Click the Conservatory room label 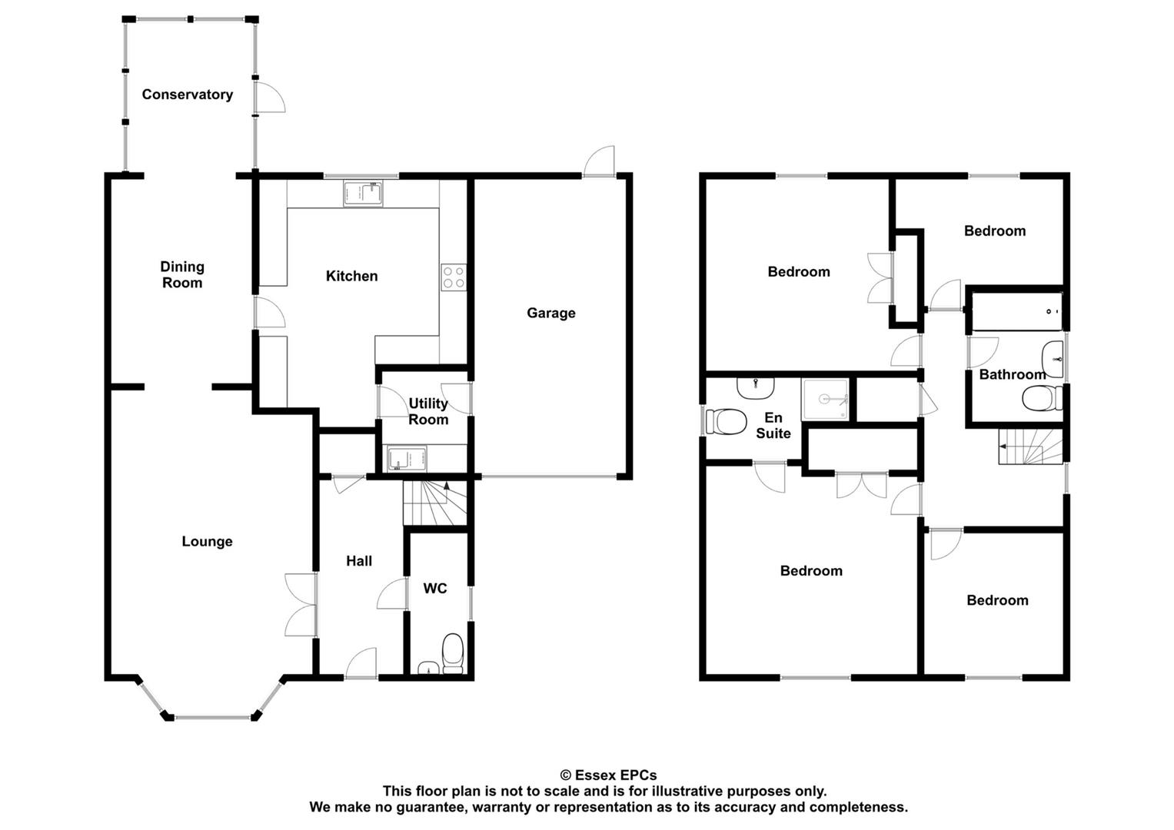tap(187, 95)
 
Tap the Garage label tap(550, 313)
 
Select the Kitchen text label tap(351, 276)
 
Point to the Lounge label tap(207, 541)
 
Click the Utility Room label tap(428, 411)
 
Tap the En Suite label tap(773, 426)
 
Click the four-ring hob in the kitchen tap(454, 277)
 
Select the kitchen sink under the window tap(363, 194)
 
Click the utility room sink tap(407, 459)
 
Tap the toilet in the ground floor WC tap(452, 654)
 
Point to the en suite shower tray tap(825, 400)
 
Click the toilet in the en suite tap(726, 422)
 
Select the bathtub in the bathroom tap(1016, 311)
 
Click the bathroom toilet tap(1043, 398)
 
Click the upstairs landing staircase tap(1030, 447)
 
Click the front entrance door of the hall tap(361, 663)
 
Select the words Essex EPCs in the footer tap(615, 775)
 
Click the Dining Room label tap(182, 274)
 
